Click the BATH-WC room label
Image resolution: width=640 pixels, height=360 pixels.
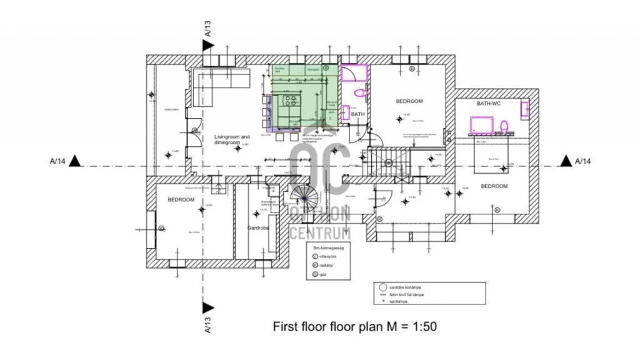pos(489,103)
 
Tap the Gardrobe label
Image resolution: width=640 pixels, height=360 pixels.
pos(257,228)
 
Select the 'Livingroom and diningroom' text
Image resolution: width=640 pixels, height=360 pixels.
pos(232,139)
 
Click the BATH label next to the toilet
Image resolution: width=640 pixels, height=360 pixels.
pos(357,114)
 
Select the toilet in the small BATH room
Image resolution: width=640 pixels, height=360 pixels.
pos(360,92)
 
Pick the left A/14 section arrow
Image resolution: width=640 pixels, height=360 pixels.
pos(74,161)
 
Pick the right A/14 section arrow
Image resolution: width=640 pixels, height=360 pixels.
pos(564,161)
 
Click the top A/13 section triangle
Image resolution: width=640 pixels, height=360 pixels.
pos(207,45)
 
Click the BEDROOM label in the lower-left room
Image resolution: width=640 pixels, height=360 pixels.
pos(181,199)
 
